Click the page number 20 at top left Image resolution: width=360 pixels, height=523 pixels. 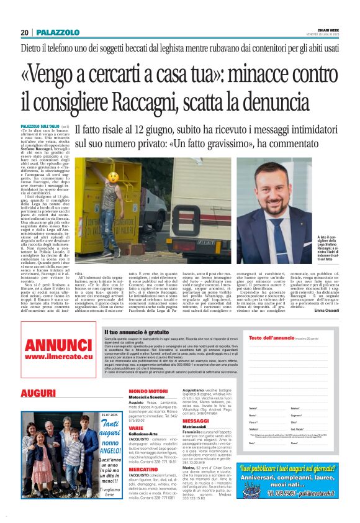point(25,32)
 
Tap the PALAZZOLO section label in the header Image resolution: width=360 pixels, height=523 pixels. point(58,32)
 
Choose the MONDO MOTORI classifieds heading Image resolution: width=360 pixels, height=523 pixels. point(148,391)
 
